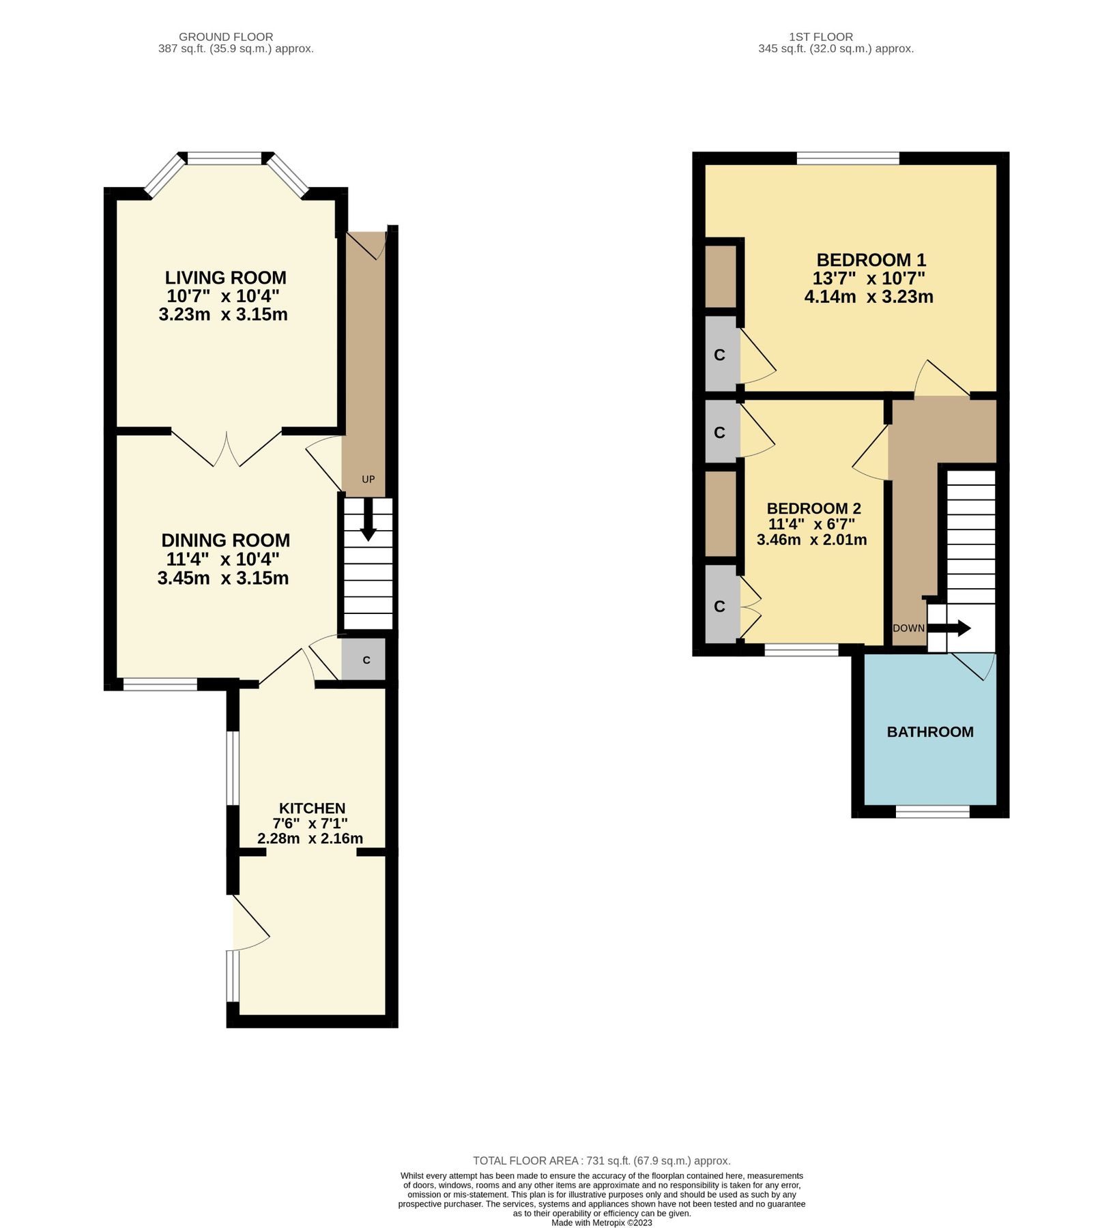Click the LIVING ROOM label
click(x=225, y=278)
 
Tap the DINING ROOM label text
click(x=225, y=540)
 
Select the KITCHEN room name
click(x=312, y=808)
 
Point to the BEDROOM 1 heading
click(x=871, y=260)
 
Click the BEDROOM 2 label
click(x=813, y=508)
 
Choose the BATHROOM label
click(x=929, y=732)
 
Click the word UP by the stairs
click(x=368, y=480)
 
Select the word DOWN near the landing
click(x=908, y=628)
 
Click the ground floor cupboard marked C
click(x=366, y=660)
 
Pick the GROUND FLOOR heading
click(x=226, y=37)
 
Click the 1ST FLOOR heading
click(x=820, y=37)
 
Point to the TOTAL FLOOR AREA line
click(x=601, y=1160)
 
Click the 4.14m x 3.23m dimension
click(x=868, y=297)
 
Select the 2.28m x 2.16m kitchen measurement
click(x=310, y=838)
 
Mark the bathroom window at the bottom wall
click(x=932, y=811)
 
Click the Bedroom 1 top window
click(x=848, y=158)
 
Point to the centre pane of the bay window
click(x=225, y=158)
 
